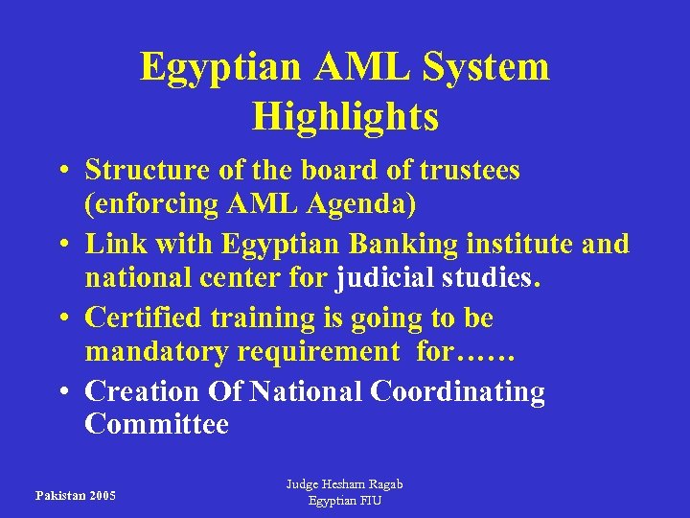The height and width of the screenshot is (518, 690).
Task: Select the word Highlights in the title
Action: pos(345,116)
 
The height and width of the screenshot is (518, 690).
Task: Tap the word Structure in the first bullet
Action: pos(147,171)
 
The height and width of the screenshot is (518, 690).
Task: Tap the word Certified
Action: pos(145,317)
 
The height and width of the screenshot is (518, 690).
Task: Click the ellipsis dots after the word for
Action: pos(488,355)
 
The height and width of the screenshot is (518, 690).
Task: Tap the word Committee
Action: pos(156,424)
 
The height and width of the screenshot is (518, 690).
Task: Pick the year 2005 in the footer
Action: pos(101,496)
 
